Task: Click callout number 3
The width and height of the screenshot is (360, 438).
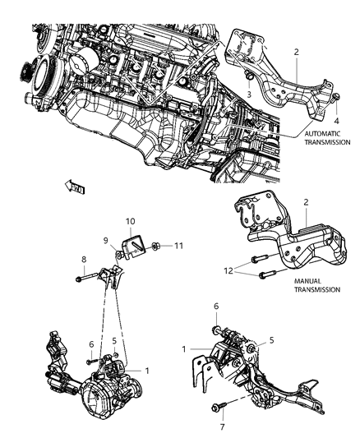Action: tap(248, 95)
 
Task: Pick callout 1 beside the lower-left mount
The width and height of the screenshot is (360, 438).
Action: tap(146, 371)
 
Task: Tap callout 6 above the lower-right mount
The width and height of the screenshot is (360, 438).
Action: tap(215, 305)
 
